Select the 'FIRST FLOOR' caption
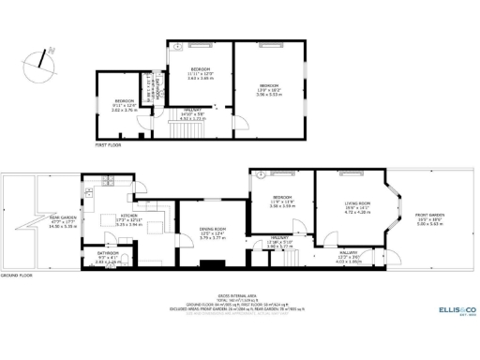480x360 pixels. pyautogui.click(x=108, y=145)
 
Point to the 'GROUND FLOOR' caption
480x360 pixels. pyautogui.click(x=16, y=276)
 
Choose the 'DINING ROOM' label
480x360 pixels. pyautogui.click(x=213, y=230)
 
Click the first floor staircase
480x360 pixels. pyautogui.click(x=187, y=114)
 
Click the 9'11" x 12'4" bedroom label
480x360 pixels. pyautogui.click(x=125, y=104)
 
